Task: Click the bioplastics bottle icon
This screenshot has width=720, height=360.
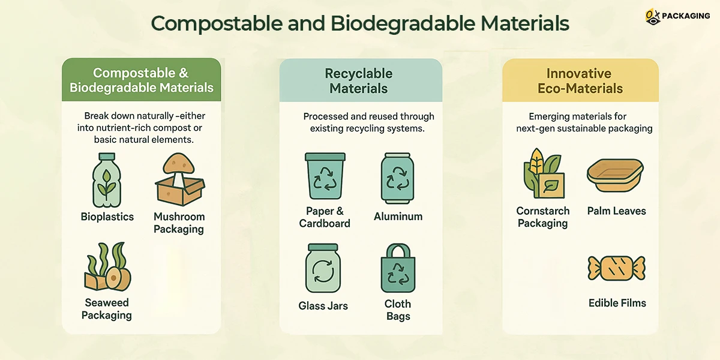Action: [x=107, y=180]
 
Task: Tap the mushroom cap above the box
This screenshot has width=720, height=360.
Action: [x=179, y=164]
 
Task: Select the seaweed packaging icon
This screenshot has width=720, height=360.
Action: [x=107, y=266]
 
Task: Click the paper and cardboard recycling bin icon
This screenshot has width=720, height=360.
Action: [x=325, y=176]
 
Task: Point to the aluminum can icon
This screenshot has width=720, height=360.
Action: [x=398, y=178]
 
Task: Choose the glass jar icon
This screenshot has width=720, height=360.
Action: [x=323, y=268]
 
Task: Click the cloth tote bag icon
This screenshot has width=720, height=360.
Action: [x=398, y=268]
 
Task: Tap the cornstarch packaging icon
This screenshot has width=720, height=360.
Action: [x=543, y=173]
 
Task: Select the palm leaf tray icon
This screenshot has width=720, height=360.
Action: [x=615, y=175]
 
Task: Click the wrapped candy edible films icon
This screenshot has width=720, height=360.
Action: [x=617, y=268]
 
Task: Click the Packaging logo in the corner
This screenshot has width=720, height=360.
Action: [x=677, y=16]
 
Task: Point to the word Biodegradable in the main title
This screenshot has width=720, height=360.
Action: [x=403, y=23]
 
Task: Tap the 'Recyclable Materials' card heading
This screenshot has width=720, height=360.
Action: [x=359, y=80]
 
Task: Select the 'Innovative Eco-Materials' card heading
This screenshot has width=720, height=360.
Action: [x=580, y=80]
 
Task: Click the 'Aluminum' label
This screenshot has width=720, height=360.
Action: [x=398, y=217]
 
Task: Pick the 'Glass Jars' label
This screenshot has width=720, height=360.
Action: [x=323, y=305]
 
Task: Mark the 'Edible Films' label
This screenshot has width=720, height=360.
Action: [x=617, y=303]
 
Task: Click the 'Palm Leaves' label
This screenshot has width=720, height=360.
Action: [x=617, y=211]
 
